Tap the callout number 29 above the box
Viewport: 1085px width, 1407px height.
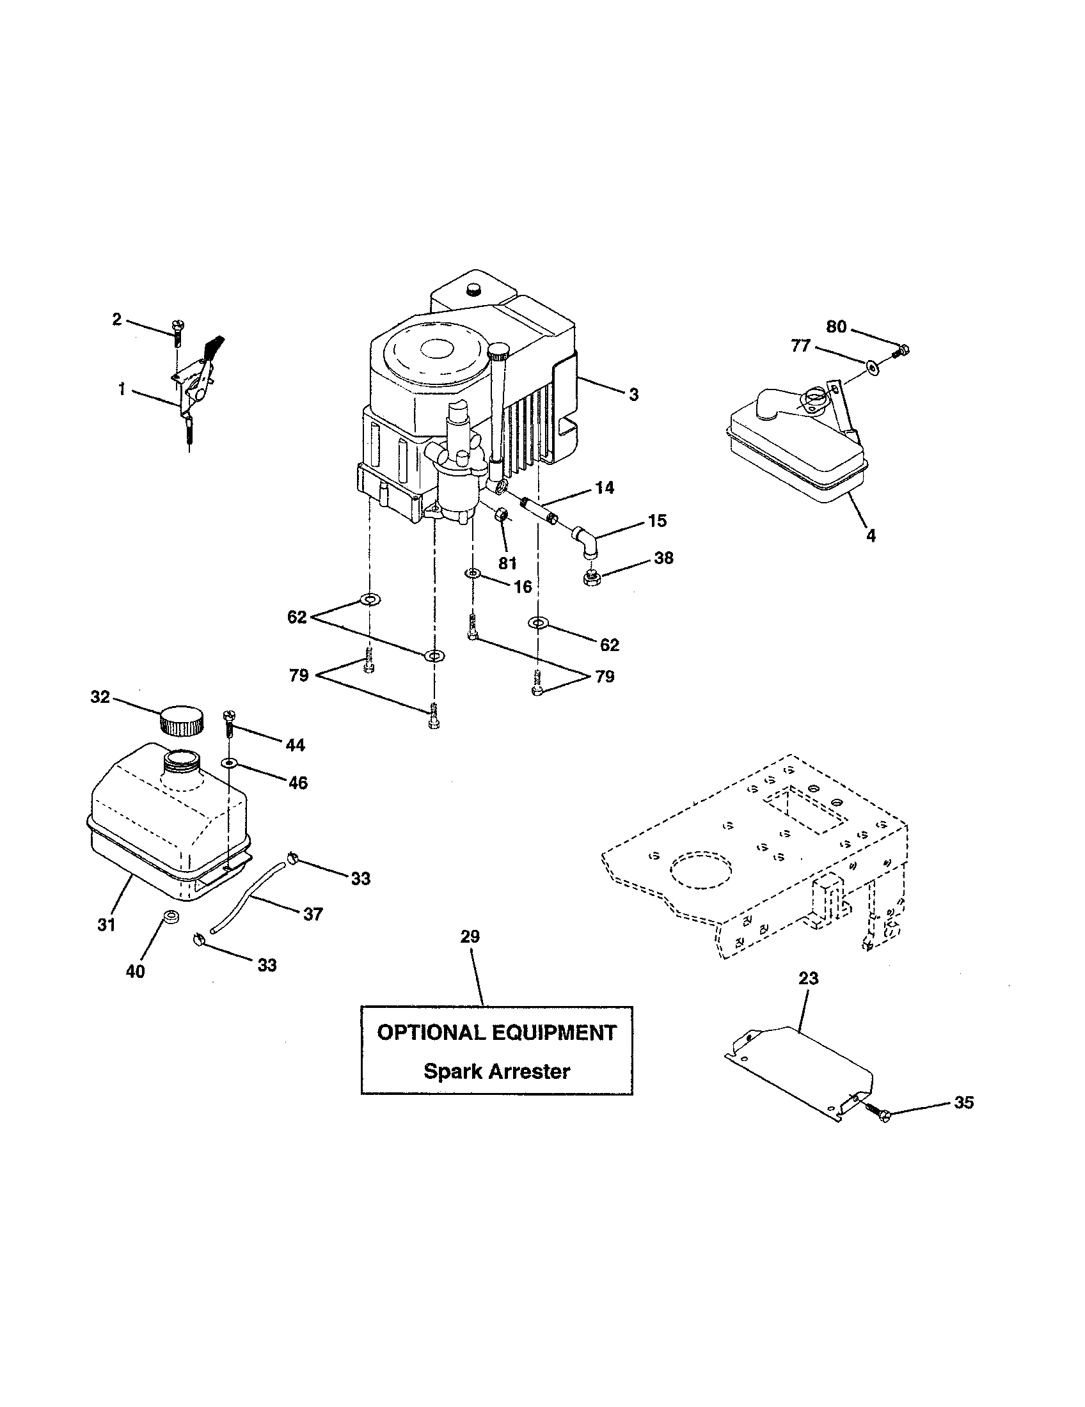click(470, 937)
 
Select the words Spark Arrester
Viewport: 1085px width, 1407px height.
click(496, 1071)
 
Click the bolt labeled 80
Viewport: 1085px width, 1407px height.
click(903, 350)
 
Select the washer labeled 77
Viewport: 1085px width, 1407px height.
click(874, 368)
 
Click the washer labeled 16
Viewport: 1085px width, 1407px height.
click(473, 572)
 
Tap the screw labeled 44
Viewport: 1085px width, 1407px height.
click(228, 724)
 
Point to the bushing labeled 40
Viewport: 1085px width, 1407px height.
click(171, 916)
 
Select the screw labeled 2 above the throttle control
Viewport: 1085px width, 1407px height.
click(177, 334)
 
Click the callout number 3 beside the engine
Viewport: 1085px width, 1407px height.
click(633, 395)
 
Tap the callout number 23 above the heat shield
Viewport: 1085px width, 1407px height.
click(808, 978)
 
